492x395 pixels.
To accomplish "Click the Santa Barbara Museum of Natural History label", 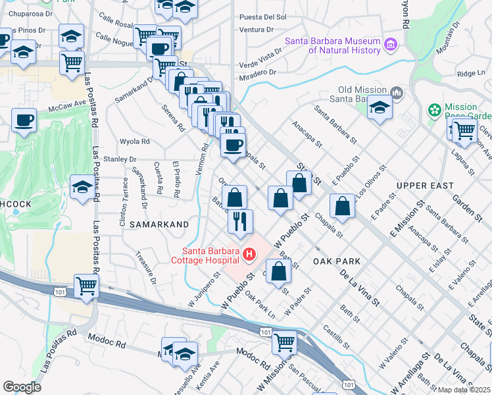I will click(x=332, y=45).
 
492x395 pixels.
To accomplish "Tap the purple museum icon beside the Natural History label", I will click(x=391, y=45).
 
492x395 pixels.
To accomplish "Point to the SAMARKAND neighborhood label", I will click(x=155, y=224).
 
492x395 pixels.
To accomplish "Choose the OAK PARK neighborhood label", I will click(x=337, y=261).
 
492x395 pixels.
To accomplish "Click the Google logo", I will click(x=22, y=386).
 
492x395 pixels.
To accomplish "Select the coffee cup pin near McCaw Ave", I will click(x=24, y=121).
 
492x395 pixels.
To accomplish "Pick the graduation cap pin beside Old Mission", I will click(x=380, y=107).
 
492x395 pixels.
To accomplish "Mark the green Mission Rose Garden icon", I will click(x=434, y=109).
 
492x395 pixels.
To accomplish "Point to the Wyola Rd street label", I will click(x=135, y=141).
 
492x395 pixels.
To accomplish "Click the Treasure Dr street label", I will click(x=145, y=267).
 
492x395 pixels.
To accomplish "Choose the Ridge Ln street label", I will click(x=470, y=74).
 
